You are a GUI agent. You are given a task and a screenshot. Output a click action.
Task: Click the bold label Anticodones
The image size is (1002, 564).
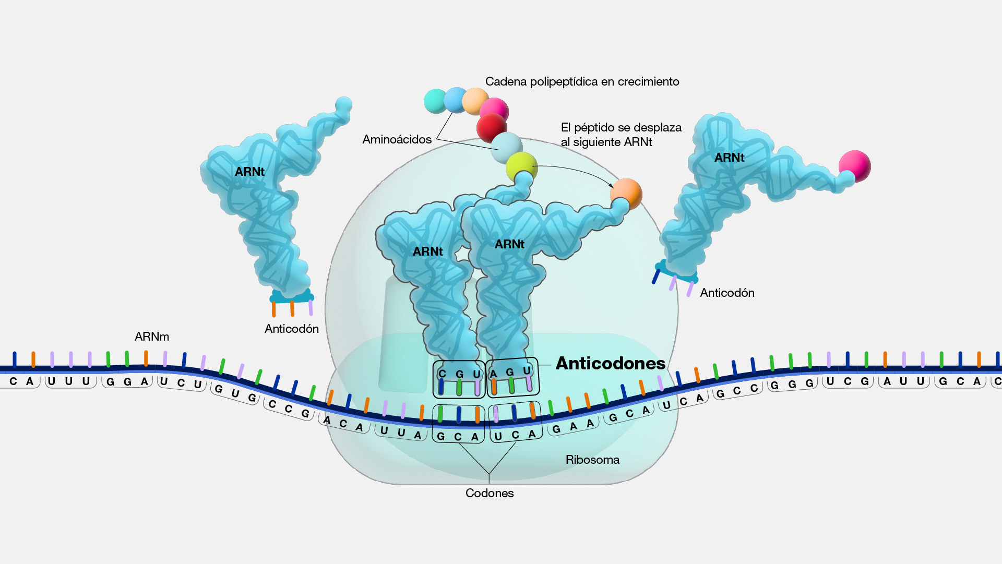coord(610,363)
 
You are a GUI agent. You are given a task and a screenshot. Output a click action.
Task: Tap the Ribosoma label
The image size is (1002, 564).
coord(592,460)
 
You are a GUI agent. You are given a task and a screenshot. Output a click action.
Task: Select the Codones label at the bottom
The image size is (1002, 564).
coord(489,493)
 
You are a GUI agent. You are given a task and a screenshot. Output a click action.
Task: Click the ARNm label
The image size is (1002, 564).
coord(152,337)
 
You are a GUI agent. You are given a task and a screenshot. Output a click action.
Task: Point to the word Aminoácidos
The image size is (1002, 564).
coord(397,139)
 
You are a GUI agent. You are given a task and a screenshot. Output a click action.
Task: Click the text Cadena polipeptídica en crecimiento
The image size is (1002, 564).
coord(582,81)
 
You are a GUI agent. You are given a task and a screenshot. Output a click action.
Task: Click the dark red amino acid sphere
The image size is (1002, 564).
coord(491,127)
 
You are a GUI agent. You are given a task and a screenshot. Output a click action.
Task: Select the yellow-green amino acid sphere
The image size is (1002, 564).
coord(521,166)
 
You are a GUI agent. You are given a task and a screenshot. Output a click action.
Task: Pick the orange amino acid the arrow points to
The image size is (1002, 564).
coord(626,193)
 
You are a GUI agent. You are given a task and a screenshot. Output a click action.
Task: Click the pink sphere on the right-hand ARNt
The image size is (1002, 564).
coord(855,165)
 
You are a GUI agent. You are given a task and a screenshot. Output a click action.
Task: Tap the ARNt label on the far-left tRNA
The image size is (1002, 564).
coord(249,172)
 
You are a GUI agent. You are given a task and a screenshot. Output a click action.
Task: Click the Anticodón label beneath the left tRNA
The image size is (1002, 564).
coord(291,329)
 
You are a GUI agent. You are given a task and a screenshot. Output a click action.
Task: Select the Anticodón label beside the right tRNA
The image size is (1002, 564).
coord(727,293)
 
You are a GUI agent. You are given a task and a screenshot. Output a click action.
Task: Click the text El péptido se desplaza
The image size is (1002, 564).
coord(621,128)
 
